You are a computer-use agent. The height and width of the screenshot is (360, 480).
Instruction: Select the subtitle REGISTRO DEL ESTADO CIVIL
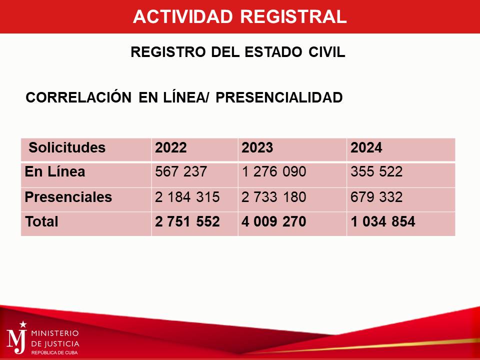click(x=238, y=51)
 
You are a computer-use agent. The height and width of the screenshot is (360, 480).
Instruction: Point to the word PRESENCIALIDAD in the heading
click(x=279, y=97)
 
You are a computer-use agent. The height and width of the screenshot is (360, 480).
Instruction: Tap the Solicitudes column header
click(x=67, y=147)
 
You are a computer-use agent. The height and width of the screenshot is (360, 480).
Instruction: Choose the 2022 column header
click(x=171, y=147)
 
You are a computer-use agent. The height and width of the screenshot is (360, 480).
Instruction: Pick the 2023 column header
click(x=257, y=147)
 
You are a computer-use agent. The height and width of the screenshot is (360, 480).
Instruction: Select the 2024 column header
click(x=366, y=147)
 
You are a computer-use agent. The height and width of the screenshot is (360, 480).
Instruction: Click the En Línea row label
click(x=55, y=171)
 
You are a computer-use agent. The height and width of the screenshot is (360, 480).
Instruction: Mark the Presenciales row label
click(x=68, y=197)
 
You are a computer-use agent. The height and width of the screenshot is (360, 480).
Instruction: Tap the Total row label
click(x=41, y=221)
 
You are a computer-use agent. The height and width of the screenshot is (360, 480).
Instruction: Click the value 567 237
click(x=181, y=171)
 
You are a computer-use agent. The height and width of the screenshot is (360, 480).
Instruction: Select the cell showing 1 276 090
click(x=274, y=171)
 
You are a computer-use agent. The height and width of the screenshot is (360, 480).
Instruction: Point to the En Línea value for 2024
click(x=376, y=171)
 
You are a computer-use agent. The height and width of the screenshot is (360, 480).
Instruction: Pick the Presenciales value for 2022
click(x=187, y=197)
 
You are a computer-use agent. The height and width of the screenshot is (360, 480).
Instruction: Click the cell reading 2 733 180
click(x=274, y=197)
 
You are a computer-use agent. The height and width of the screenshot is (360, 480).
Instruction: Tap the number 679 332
click(x=376, y=197)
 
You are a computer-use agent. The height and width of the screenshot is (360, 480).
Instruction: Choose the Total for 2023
click(x=274, y=221)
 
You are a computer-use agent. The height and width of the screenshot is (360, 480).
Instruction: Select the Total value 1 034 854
click(x=383, y=221)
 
